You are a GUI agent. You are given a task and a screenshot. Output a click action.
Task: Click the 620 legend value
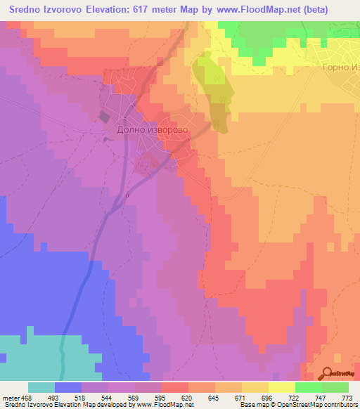(x=187, y=398)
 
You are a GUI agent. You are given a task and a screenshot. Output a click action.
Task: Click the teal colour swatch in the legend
(x=41, y=387)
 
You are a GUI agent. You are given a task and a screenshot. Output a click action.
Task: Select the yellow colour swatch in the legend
(x=281, y=387)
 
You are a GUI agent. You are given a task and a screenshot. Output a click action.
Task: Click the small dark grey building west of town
(x=105, y=117)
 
